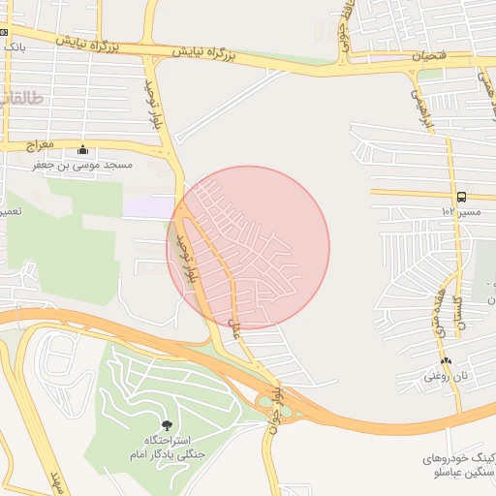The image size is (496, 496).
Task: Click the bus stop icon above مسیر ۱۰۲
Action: coord(460,196)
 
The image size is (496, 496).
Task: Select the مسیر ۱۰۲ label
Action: coord(454,210)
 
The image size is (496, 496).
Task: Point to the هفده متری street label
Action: coord(440,311)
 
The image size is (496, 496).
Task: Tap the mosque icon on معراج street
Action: coord(82,150)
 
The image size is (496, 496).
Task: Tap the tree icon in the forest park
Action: coord(166,425)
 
